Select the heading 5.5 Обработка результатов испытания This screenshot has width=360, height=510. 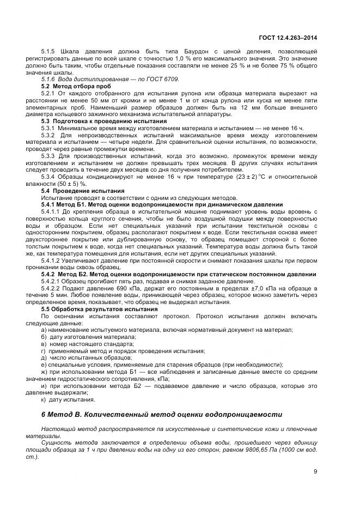[x=92, y=309]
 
